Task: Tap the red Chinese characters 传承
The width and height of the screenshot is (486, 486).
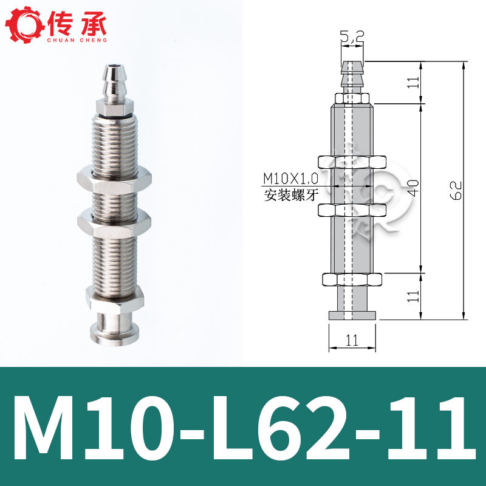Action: (77, 24)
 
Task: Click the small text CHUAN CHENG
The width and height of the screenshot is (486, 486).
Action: (77, 40)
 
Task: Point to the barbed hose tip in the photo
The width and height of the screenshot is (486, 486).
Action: (115, 83)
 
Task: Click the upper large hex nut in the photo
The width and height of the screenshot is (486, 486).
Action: (114, 180)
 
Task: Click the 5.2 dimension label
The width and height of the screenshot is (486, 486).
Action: (352, 37)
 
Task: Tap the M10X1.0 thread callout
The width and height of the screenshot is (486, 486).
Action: (290, 179)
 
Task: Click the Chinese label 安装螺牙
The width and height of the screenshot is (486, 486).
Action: (291, 196)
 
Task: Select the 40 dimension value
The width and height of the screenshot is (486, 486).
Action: (414, 188)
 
